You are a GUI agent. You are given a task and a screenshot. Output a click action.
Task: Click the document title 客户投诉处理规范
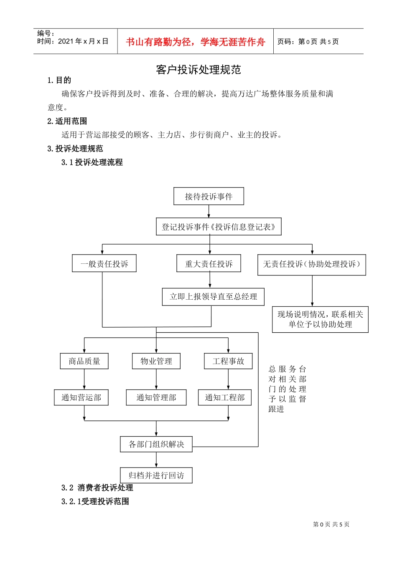click(x=198, y=70)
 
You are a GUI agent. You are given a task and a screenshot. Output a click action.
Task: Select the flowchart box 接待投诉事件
click(x=209, y=196)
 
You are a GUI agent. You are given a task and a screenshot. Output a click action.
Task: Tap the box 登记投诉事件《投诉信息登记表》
click(x=219, y=227)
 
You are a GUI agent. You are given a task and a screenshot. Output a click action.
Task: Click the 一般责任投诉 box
click(x=104, y=264)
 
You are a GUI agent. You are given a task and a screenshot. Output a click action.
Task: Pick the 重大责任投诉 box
click(x=209, y=264)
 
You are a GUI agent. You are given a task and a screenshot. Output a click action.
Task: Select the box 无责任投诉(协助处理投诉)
click(x=311, y=265)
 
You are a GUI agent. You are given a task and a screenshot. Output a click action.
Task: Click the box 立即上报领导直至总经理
click(x=213, y=297)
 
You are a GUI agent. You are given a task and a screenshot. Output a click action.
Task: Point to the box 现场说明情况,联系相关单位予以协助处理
click(x=320, y=319)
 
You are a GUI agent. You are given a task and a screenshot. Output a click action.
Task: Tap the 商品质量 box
click(x=84, y=361)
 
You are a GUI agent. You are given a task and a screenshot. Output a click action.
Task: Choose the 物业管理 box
click(x=156, y=361)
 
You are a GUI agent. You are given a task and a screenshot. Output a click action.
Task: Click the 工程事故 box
click(x=228, y=361)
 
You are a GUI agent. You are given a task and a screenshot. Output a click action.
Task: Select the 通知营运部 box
click(x=81, y=397)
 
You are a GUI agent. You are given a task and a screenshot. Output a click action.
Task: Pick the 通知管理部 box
click(x=156, y=397)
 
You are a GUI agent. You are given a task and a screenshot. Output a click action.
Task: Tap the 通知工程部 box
click(x=225, y=397)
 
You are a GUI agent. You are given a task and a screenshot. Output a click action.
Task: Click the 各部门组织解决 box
click(x=156, y=444)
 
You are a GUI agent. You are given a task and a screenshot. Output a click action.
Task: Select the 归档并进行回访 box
click(x=156, y=475)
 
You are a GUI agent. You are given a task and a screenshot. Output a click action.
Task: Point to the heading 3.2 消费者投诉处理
click(x=97, y=488)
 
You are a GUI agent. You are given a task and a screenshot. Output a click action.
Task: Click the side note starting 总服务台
click(x=287, y=389)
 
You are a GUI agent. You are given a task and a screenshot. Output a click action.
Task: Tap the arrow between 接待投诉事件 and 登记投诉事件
click(x=209, y=212)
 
